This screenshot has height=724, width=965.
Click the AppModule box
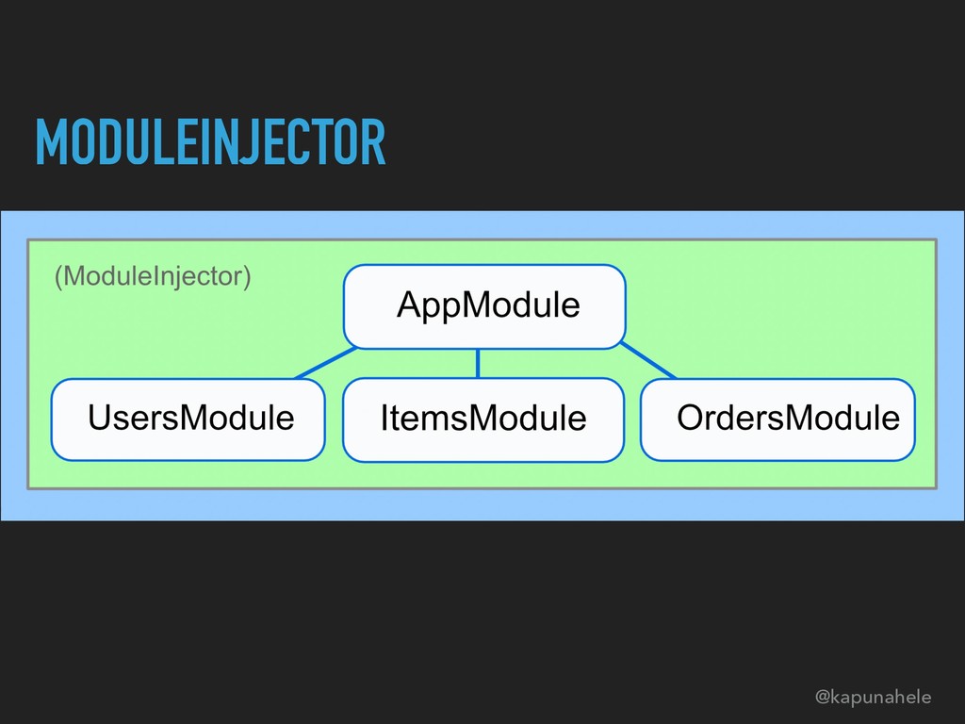484,306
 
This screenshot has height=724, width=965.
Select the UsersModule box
188,419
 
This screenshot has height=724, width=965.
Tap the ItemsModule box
483,420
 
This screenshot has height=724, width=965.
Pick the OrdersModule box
778,419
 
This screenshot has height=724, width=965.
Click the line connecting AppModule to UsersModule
325,363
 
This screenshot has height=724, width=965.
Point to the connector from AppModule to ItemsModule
478,363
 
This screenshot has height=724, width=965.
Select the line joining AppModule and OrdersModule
648,362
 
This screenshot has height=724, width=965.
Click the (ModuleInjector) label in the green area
153,277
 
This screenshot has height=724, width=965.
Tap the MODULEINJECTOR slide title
210,141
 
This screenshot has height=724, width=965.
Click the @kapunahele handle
873,698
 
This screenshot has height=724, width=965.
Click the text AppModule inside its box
488,305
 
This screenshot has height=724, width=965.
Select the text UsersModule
190,417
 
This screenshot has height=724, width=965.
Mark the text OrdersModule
788,417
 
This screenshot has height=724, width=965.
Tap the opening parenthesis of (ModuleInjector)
58,277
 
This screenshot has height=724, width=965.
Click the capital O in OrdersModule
689,417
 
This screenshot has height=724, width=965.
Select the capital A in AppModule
407,305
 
